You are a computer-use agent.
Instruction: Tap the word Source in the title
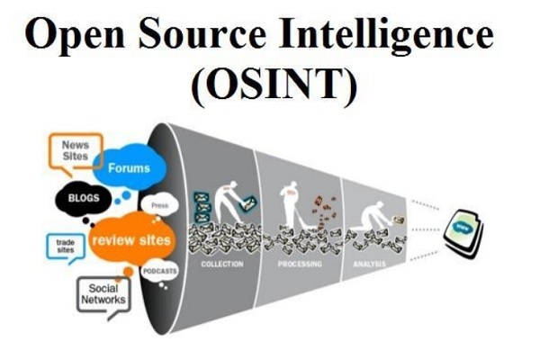tap(199, 36)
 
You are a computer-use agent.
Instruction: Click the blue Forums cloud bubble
tap(129, 168)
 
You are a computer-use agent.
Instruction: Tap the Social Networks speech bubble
tap(101, 294)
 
